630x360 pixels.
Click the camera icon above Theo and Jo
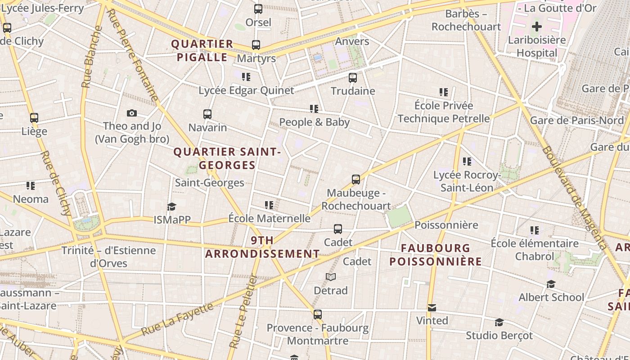click(132, 113)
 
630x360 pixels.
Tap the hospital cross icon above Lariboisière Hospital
click(536, 27)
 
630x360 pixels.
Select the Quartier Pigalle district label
click(202, 50)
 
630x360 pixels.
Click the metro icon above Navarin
click(207, 114)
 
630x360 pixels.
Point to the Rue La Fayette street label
click(177, 319)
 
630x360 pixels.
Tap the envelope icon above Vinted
click(432, 308)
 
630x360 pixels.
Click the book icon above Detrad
click(331, 277)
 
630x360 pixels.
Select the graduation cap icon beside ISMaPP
click(171, 207)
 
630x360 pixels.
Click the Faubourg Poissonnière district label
click(435, 255)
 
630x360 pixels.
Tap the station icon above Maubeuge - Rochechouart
click(356, 180)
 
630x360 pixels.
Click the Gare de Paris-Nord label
click(577, 120)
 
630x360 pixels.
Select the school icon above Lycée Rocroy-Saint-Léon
click(467, 161)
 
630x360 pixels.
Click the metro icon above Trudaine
click(353, 78)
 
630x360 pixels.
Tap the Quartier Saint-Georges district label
click(227, 158)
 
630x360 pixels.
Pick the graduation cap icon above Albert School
click(551, 284)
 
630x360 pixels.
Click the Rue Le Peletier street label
click(243, 312)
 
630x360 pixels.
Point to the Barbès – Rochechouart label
click(466, 20)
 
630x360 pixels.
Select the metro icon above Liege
click(34, 118)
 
